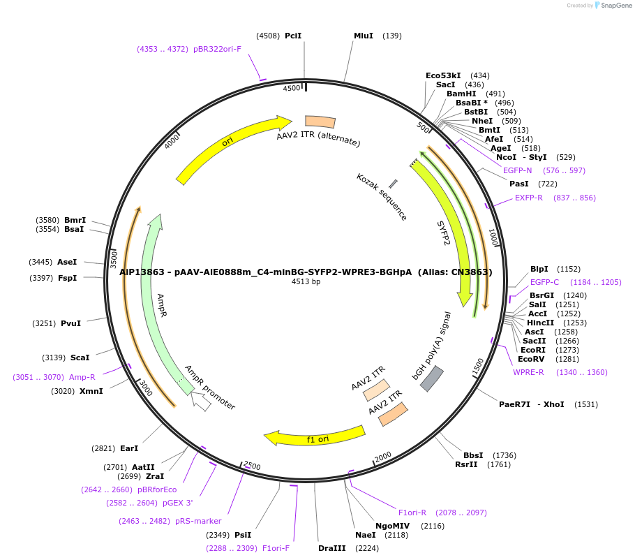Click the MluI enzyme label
click(x=364, y=36)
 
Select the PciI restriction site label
click(x=293, y=36)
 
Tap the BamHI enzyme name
click(x=461, y=94)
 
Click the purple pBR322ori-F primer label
click(x=217, y=49)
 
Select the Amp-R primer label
click(x=82, y=377)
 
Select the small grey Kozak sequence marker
click(x=393, y=184)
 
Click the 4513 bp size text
click(x=306, y=282)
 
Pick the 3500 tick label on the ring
click(x=114, y=258)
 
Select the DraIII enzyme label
click(x=332, y=548)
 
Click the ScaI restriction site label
click(x=80, y=358)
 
